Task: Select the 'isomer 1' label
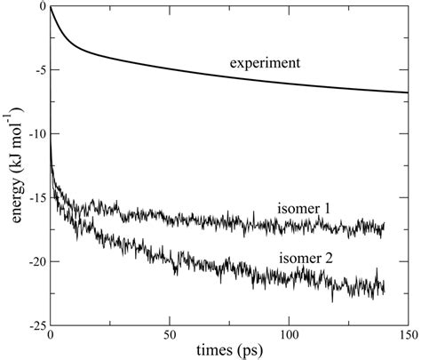[x=302, y=209]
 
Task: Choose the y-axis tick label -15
[x=35, y=198]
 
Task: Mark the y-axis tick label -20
[x=35, y=262]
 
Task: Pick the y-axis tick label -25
[x=35, y=326]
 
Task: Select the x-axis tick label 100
[x=289, y=339]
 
